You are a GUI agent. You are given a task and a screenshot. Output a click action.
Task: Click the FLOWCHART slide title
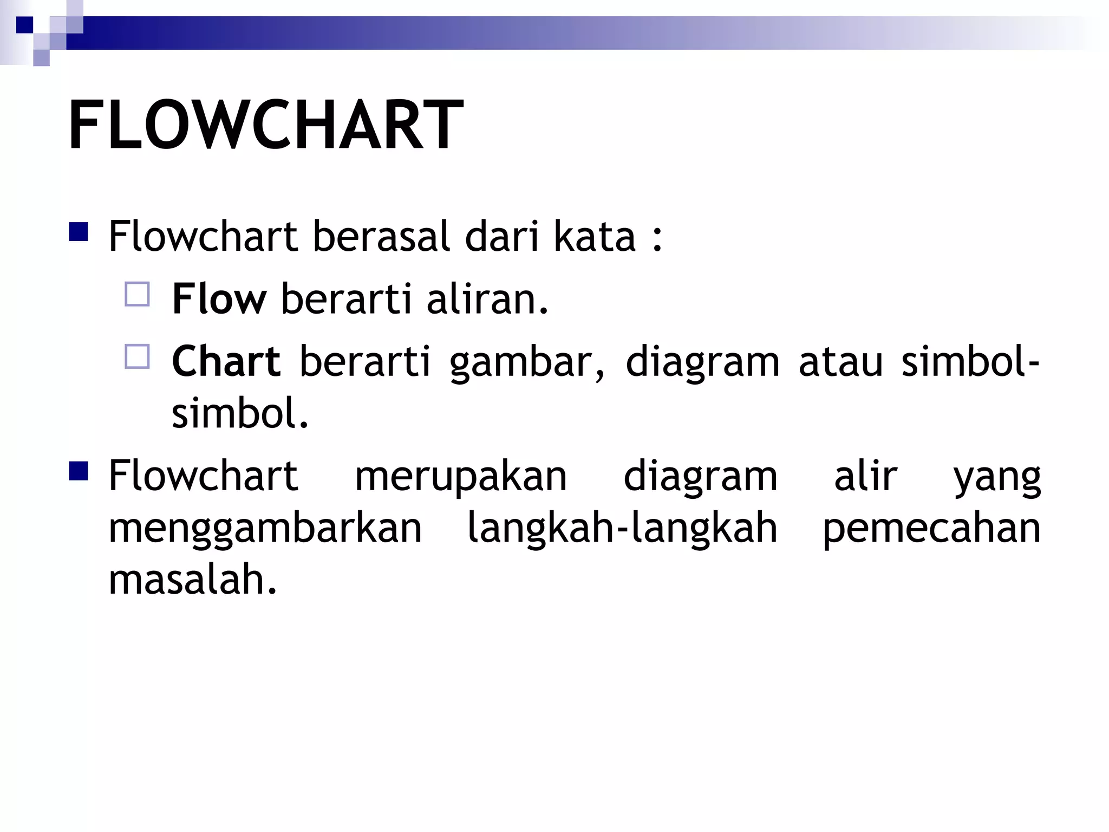(265, 126)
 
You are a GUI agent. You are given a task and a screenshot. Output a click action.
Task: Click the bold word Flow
(219, 299)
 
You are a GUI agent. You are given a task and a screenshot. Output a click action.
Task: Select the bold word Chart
(226, 361)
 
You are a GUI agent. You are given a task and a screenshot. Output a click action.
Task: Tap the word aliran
(487, 299)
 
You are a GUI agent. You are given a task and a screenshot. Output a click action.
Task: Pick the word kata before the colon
(595, 237)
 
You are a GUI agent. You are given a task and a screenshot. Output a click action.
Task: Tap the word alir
(865, 476)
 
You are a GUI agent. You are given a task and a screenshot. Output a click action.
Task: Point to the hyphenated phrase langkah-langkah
(622, 528)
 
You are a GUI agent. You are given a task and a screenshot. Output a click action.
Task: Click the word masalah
(193, 580)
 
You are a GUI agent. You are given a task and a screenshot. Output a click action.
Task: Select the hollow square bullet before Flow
(137, 295)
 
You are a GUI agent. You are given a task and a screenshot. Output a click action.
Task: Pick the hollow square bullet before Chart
(137, 357)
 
